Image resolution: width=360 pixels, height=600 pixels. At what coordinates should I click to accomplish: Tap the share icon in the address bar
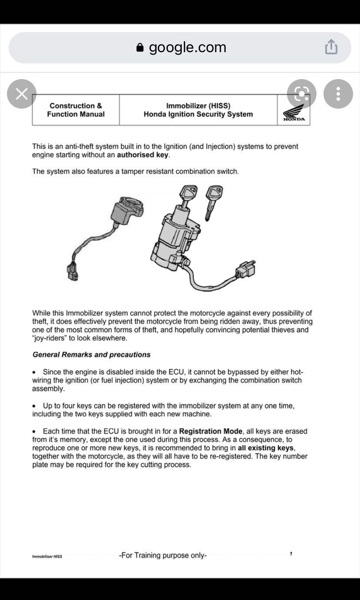(331, 47)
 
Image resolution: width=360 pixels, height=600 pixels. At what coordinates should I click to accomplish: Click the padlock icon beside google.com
(140, 47)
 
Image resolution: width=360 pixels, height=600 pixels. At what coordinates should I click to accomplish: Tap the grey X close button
(22, 94)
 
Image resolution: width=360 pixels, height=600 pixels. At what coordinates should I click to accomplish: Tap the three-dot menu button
(338, 94)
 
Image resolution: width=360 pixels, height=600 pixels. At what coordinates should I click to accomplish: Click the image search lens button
(302, 94)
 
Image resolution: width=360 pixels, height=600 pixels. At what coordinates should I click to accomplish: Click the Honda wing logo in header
(294, 113)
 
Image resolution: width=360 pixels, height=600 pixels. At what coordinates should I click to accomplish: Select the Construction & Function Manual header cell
(76, 110)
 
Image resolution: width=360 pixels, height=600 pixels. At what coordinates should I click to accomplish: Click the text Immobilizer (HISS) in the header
(198, 106)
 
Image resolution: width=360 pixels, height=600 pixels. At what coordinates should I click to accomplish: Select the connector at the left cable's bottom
(73, 272)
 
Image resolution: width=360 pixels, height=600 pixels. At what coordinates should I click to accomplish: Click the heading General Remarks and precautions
(91, 355)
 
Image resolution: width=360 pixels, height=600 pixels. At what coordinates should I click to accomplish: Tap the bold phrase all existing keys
(266, 448)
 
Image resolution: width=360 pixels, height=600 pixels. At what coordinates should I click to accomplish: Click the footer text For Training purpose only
(163, 555)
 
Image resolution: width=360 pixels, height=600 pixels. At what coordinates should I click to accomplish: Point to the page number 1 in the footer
(291, 554)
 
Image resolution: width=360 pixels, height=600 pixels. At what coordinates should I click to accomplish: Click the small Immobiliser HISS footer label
(47, 557)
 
